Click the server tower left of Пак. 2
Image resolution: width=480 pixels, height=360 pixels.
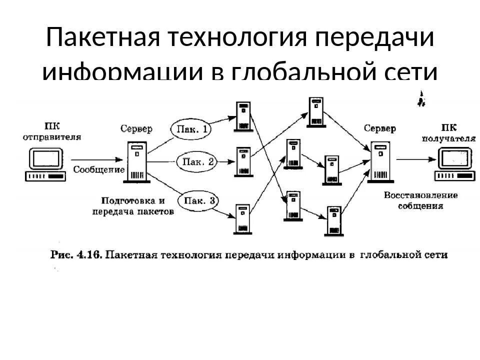point(136,162)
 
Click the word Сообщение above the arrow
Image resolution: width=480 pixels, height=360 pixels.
point(99,169)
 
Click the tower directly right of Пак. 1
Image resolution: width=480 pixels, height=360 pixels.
point(243,117)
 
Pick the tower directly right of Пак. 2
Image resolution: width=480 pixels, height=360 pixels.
point(243,161)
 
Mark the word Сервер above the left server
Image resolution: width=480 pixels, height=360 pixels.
point(136,128)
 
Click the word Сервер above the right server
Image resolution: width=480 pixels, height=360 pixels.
point(380,128)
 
